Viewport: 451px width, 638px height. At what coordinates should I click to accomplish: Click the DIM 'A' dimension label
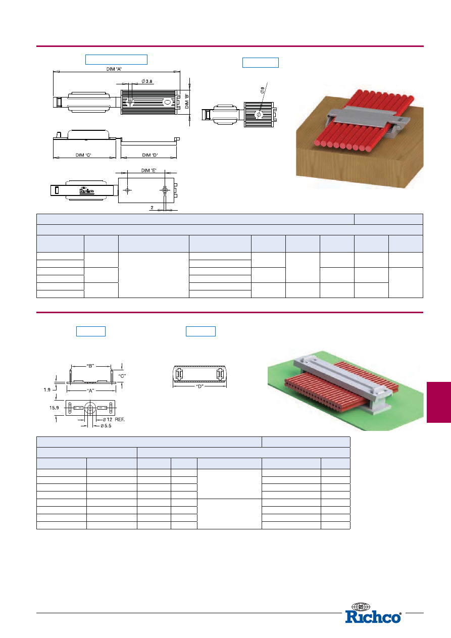[x=114, y=69]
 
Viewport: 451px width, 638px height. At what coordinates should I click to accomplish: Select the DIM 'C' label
[x=83, y=155]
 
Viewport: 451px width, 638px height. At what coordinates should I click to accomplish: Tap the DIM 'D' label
[x=150, y=155]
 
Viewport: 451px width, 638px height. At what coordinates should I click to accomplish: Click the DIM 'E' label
[x=148, y=170]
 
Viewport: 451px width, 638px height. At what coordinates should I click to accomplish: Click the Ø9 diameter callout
[x=262, y=91]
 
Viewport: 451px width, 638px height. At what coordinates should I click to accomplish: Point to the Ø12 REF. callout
[x=113, y=419]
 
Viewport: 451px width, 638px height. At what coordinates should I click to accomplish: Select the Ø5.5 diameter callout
[x=105, y=426]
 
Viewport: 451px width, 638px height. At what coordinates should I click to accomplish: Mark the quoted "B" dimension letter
[x=90, y=365]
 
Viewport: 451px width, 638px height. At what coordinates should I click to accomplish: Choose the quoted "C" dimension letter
[x=122, y=376]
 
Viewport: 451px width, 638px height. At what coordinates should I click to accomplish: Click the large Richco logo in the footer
[x=373, y=617]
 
